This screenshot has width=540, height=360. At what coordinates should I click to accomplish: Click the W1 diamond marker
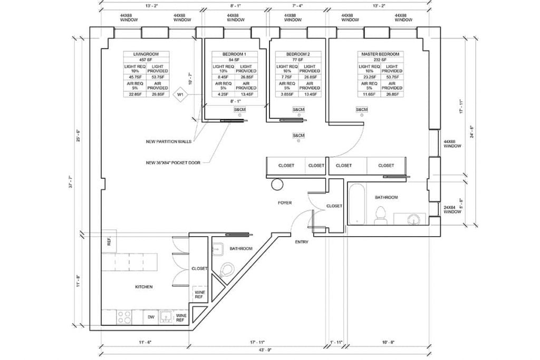(x=180, y=95)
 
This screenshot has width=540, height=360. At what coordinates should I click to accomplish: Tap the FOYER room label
(x=285, y=202)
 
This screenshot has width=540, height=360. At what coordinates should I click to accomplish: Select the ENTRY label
(x=301, y=241)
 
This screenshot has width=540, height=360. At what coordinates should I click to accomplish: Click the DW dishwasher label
(x=150, y=317)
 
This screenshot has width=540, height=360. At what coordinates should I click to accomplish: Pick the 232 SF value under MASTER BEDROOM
(x=379, y=60)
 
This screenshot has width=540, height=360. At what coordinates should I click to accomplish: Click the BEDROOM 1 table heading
(x=233, y=54)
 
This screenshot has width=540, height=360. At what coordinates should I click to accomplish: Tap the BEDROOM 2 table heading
(x=298, y=54)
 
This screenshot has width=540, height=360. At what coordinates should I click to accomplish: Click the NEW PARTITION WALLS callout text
(x=169, y=142)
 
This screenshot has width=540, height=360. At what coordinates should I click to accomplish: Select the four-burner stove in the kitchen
(x=124, y=317)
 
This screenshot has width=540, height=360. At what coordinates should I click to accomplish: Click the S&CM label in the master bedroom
(x=362, y=110)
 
